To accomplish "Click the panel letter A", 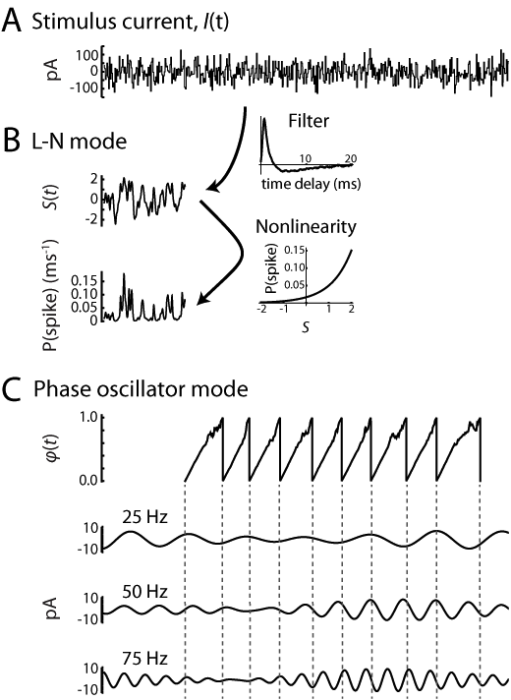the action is (12, 21).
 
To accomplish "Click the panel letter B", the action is (11, 141).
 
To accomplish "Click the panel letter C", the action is (12, 389).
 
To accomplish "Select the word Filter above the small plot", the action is (309, 121).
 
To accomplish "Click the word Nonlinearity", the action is (307, 227).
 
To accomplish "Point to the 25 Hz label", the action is (144, 517).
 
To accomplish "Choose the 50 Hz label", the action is (144, 591).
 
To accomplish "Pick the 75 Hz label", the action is (144, 659).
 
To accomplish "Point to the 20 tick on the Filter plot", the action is (351, 158).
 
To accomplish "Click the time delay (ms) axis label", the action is (311, 184).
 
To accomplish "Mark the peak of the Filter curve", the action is (264, 118).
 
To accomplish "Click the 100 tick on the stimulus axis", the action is (86, 56).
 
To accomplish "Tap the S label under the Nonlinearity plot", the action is (306, 327).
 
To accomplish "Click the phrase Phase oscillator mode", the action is (141, 389).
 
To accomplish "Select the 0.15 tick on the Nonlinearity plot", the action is (295, 251).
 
